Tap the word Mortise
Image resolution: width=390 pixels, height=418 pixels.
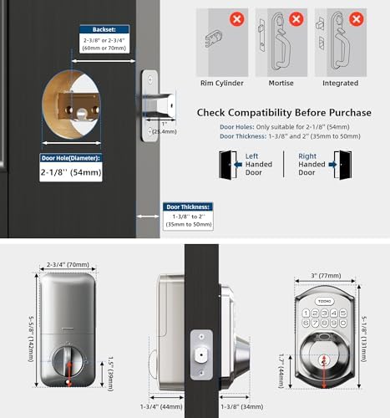(x=281, y=84)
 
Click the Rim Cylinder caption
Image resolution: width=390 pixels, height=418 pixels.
(x=221, y=84)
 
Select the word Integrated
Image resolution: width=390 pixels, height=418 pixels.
(x=341, y=84)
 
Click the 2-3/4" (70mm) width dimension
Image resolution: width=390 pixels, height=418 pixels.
(x=69, y=264)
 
